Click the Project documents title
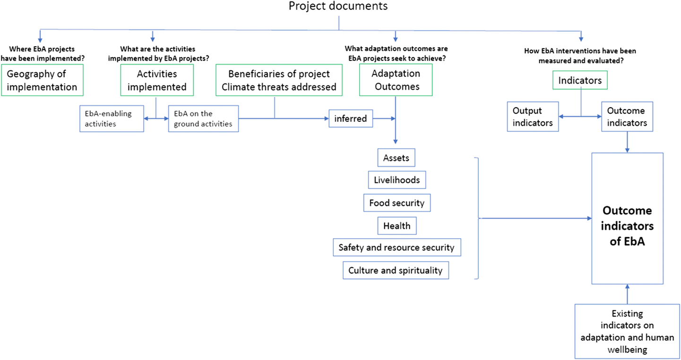tap(338, 6)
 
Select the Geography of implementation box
tap(42, 80)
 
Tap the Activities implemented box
tap(157, 80)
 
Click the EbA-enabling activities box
tap(112, 119)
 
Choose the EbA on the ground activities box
tap(203, 119)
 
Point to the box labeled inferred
tap(351, 119)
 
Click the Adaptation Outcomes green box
tap(396, 80)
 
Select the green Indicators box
tap(580, 80)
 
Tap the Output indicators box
tap(533, 117)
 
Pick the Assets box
tap(396, 158)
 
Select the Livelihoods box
tap(397, 180)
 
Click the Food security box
tap(397, 203)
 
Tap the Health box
tap(397, 226)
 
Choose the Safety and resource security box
tap(397, 247)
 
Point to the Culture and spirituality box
tap(396, 270)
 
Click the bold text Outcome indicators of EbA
tap(627, 226)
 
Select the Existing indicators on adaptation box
tap(627, 332)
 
